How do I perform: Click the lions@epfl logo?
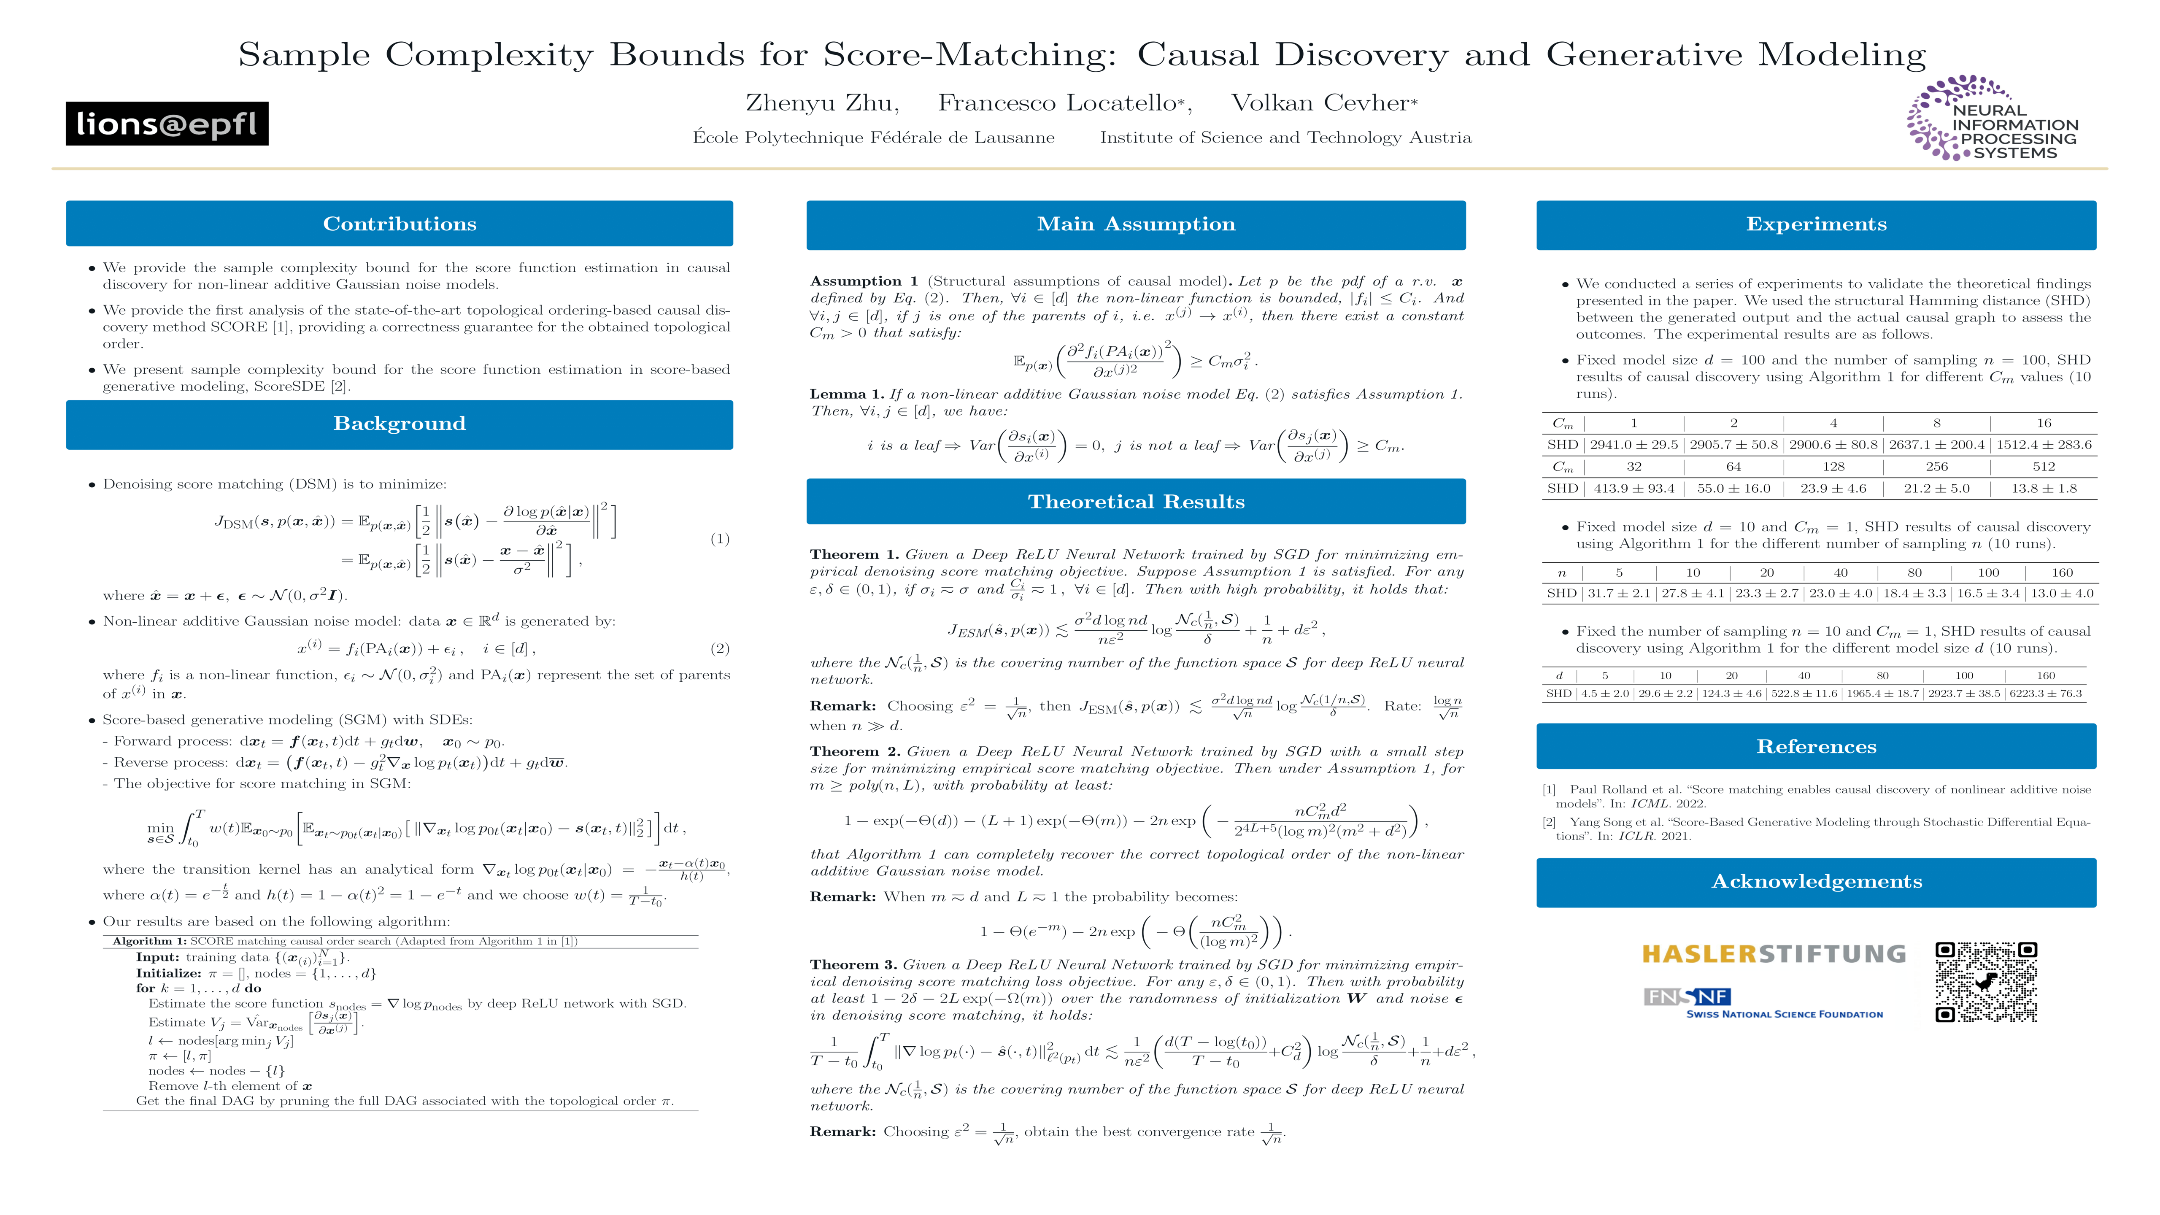pos(167,124)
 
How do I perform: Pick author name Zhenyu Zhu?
pos(822,103)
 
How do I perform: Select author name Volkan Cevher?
pos(1320,103)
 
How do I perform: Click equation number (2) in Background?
pos(719,648)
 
